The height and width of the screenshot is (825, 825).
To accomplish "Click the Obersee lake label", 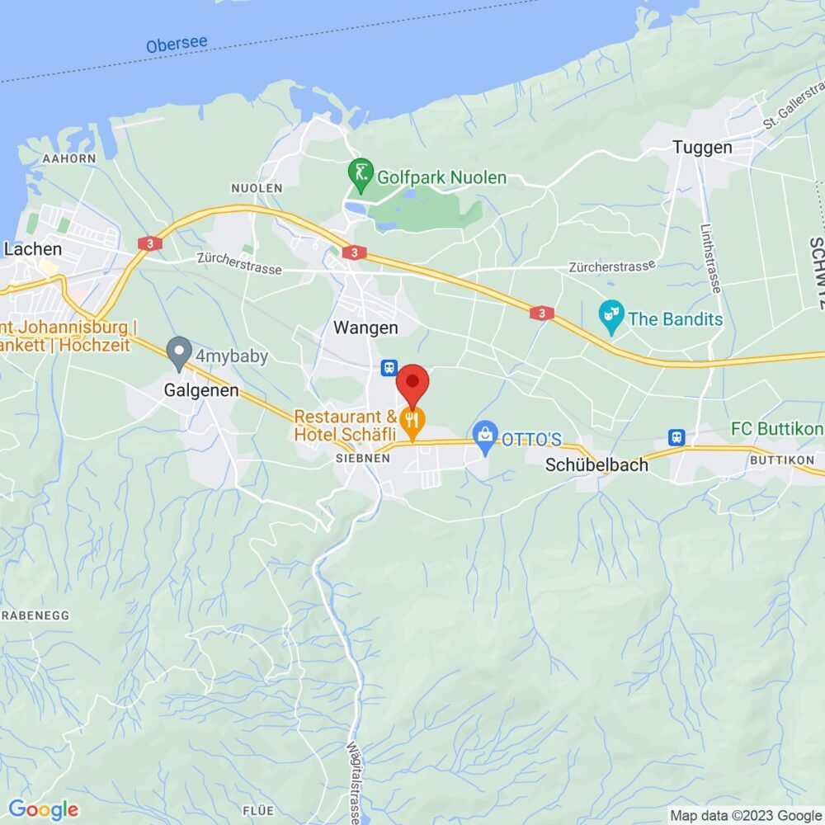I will pos(177,44).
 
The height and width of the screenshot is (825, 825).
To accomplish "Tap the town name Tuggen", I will pos(702,148).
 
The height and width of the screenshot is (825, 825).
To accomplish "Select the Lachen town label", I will pos(32,248).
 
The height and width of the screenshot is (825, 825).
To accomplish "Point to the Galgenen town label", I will pos(201,390).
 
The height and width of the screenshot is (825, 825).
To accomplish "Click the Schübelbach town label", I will pos(596,465).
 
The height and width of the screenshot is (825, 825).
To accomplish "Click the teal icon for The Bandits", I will pos(611,318).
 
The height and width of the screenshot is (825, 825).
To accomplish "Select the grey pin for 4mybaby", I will pos(178,354).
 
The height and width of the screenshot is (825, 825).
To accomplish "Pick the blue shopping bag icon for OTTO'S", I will pos(485,437).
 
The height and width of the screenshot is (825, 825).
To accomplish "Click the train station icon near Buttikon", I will pos(677,436).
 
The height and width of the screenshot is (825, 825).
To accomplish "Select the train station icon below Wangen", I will pos(387,367).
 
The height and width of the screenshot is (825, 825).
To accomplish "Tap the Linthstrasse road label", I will pos(709,258).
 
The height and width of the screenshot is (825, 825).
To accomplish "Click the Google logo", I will pos(43,810).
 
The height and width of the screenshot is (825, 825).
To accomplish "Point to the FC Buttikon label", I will pos(776,429).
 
